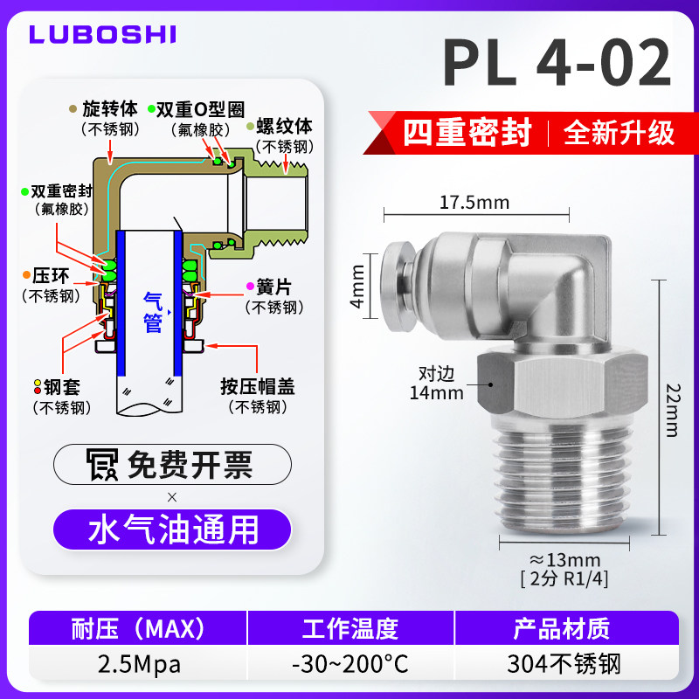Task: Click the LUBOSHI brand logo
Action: point(102,34)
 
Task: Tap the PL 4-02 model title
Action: point(557,63)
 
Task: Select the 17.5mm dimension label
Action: point(474,203)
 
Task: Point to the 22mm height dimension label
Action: point(673,410)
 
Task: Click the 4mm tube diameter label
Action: point(357,287)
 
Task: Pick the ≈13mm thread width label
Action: point(565,560)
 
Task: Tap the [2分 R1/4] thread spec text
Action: point(564,579)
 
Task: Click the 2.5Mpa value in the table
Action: point(139,665)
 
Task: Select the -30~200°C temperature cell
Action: point(350,664)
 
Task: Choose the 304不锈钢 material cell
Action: point(564,664)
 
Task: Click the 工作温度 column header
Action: point(350,628)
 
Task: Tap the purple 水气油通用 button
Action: point(172,529)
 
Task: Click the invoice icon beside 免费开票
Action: point(102,465)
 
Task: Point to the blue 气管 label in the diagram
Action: point(152,313)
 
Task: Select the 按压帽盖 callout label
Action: point(258,387)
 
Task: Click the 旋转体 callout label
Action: point(110,108)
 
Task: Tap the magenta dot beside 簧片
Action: point(250,287)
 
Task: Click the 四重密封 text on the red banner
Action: point(467,133)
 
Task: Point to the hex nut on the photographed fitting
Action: point(562,384)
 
